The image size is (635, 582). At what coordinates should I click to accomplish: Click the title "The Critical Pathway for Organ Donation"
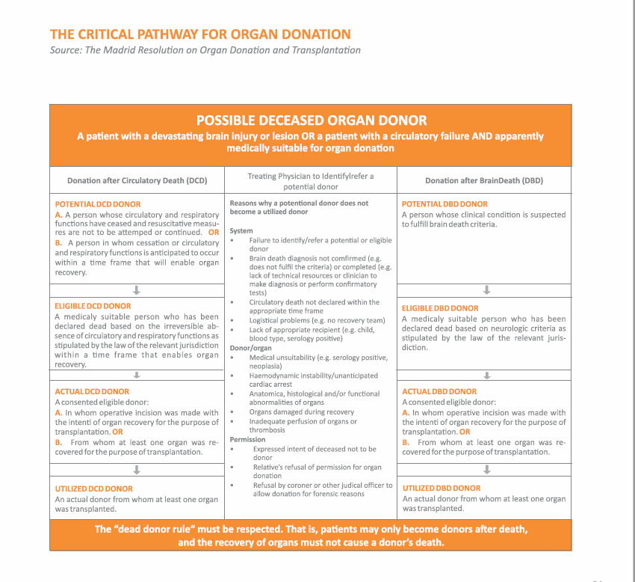point(199,34)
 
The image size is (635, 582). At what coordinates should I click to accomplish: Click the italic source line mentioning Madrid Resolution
point(205,50)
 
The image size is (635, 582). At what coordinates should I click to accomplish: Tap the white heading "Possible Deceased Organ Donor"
point(311,120)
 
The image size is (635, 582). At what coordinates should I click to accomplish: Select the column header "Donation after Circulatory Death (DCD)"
point(137,181)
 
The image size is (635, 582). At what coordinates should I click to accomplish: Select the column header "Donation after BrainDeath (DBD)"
point(483,181)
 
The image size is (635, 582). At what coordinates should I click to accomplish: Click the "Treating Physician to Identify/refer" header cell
point(311,181)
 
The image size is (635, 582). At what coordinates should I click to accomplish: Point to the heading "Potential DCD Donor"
point(97,204)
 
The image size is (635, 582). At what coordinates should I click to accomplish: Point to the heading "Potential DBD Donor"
point(444,204)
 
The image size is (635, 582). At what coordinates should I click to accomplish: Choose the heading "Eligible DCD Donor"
point(93,306)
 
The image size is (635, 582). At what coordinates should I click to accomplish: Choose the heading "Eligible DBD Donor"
point(440,308)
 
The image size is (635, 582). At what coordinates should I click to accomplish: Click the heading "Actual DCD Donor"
point(92,392)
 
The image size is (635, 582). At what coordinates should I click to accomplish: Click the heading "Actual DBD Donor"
point(439,392)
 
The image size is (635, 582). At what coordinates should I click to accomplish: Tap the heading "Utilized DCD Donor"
point(93,489)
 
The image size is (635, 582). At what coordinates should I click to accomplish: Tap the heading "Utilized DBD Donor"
point(442,488)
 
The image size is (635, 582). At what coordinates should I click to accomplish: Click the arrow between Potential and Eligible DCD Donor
point(137,290)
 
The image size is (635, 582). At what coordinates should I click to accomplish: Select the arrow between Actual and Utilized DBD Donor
point(486,470)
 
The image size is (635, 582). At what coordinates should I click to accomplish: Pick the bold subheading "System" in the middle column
point(241,231)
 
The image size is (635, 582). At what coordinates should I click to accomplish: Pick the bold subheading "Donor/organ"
point(250,349)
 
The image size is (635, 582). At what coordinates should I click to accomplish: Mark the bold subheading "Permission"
point(247,440)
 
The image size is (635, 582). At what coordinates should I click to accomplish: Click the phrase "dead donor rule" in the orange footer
point(162,530)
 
